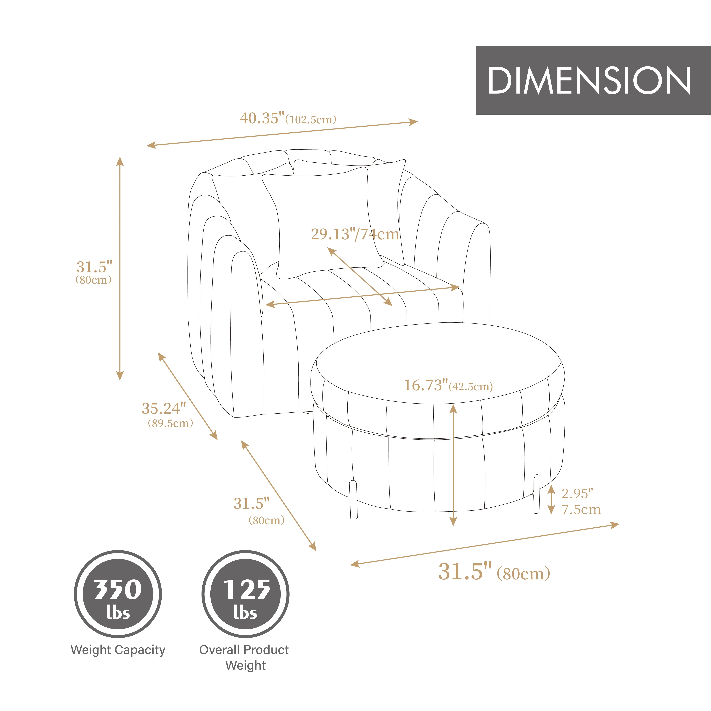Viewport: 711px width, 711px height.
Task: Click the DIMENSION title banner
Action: point(593,80)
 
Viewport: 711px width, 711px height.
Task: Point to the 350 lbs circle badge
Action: point(118,594)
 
